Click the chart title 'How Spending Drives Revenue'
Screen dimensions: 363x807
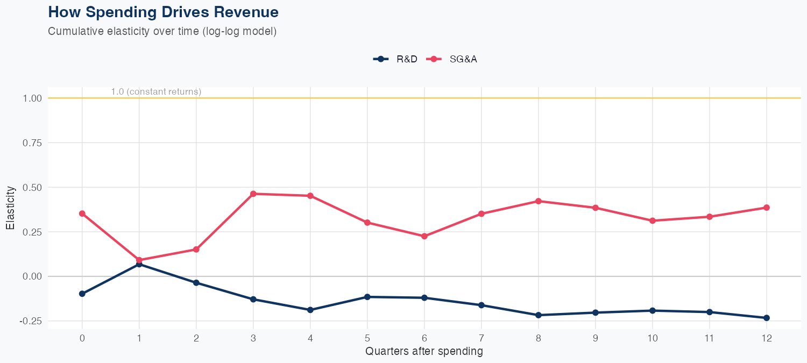pos(163,12)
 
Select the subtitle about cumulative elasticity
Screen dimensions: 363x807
pos(162,31)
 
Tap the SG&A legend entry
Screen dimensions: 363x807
pos(452,59)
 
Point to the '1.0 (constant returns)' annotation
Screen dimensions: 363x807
pos(156,92)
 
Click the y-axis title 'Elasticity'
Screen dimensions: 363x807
pos(10,208)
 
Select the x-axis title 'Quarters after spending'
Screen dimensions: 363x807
pos(424,352)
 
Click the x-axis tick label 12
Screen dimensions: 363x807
pos(766,338)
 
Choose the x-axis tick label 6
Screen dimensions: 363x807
pos(424,338)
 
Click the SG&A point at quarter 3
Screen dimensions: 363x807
pos(253,194)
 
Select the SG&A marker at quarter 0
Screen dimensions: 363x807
pos(82,213)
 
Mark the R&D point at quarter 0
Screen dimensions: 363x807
pos(82,294)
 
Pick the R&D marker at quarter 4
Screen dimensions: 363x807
pos(310,310)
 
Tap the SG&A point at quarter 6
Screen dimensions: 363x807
pos(424,236)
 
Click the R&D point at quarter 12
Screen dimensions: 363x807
pos(767,318)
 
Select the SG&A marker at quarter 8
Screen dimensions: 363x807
pos(539,201)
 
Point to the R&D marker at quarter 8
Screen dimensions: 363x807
pos(539,315)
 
